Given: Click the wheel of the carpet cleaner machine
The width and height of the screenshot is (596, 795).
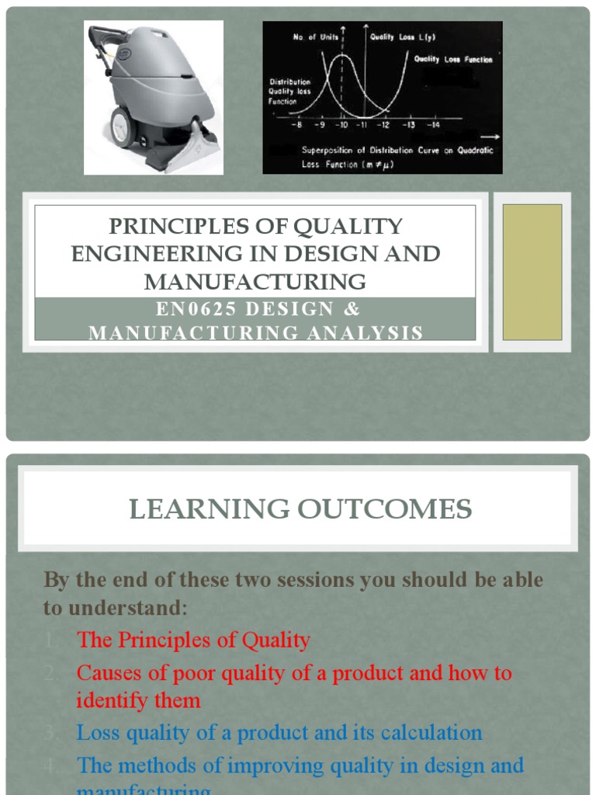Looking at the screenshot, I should tap(122, 127).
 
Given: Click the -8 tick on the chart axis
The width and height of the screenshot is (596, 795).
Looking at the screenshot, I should tap(296, 124).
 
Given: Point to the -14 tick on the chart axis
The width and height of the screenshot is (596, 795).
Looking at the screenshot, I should tap(431, 124).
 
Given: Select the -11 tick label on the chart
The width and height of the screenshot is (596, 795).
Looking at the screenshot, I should tap(362, 124).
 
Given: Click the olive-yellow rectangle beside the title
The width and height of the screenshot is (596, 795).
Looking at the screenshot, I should tap(532, 272).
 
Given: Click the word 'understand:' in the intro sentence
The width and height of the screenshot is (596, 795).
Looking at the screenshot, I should tap(115, 608).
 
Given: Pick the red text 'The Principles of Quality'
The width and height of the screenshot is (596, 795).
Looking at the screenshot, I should tap(193, 641).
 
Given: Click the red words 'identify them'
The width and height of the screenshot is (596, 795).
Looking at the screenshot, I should tap(138, 701).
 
